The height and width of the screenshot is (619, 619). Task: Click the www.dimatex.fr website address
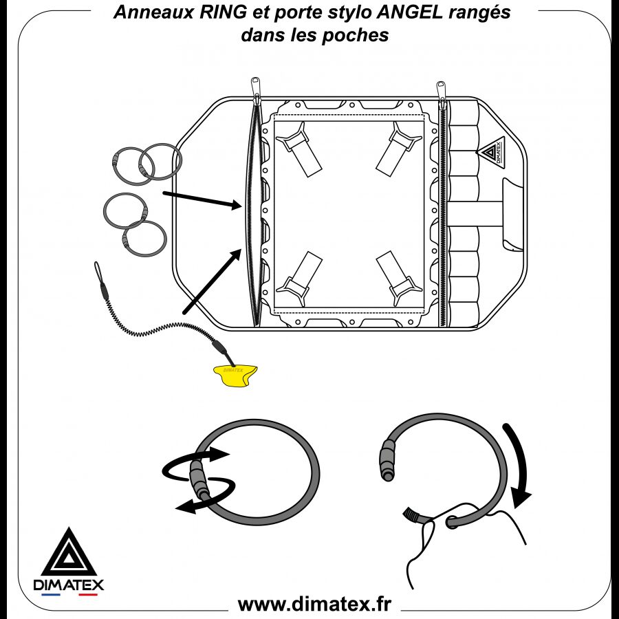pos(314,604)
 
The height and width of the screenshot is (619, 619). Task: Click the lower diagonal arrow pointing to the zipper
pos(210,282)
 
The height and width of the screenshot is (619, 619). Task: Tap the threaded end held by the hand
pos(411,514)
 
